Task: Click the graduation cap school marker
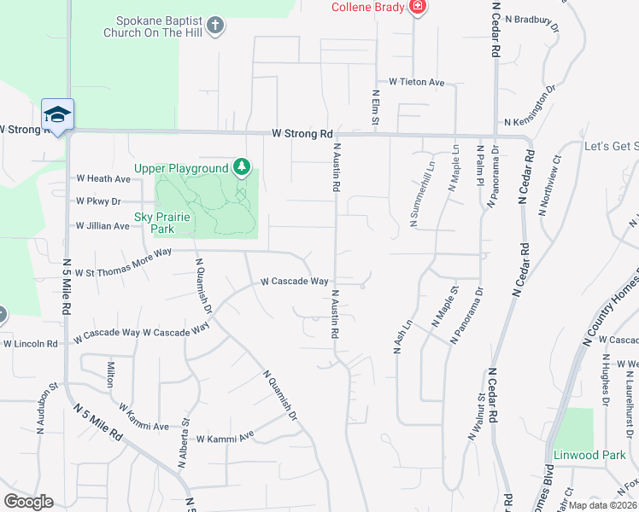(x=57, y=115)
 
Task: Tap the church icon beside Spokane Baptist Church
(x=217, y=25)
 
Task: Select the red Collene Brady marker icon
(x=417, y=9)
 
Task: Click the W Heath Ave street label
(x=103, y=179)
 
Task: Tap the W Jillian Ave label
(x=103, y=226)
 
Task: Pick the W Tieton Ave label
(x=417, y=83)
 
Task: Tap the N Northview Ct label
(x=549, y=183)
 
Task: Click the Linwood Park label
(x=589, y=455)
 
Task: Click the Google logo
(x=28, y=502)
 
